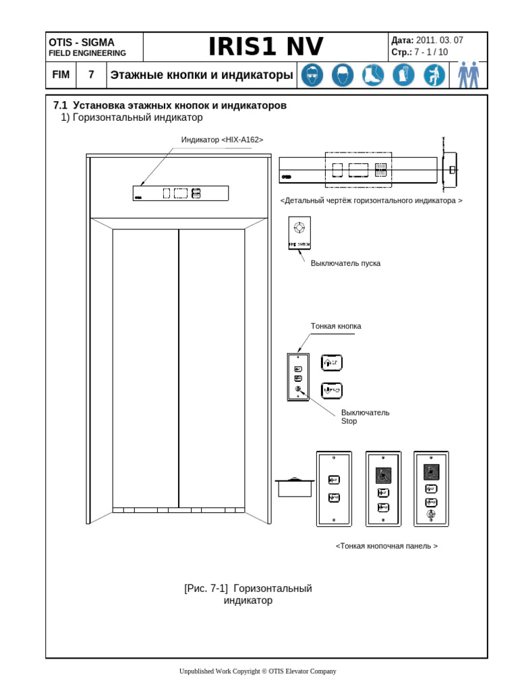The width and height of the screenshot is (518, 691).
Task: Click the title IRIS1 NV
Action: (266, 47)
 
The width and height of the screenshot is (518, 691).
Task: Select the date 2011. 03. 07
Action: (440, 40)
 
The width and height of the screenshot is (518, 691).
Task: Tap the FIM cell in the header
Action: (61, 75)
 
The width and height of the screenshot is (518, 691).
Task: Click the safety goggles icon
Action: (312, 75)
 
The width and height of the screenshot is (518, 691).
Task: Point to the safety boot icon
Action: (372, 75)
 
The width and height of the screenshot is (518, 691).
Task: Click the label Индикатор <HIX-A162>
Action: (222, 140)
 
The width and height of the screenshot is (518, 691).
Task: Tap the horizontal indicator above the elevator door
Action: (181, 194)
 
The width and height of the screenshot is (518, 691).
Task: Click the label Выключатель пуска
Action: (345, 263)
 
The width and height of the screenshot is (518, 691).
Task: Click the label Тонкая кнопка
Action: (335, 326)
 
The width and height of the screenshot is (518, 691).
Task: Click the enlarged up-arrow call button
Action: (331, 363)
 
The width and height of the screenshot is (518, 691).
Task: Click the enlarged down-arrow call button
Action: (331, 389)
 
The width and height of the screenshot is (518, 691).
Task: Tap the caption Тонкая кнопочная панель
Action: (386, 546)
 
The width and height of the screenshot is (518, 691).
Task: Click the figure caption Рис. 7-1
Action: (248, 594)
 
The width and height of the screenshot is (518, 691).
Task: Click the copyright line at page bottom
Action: (257, 671)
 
